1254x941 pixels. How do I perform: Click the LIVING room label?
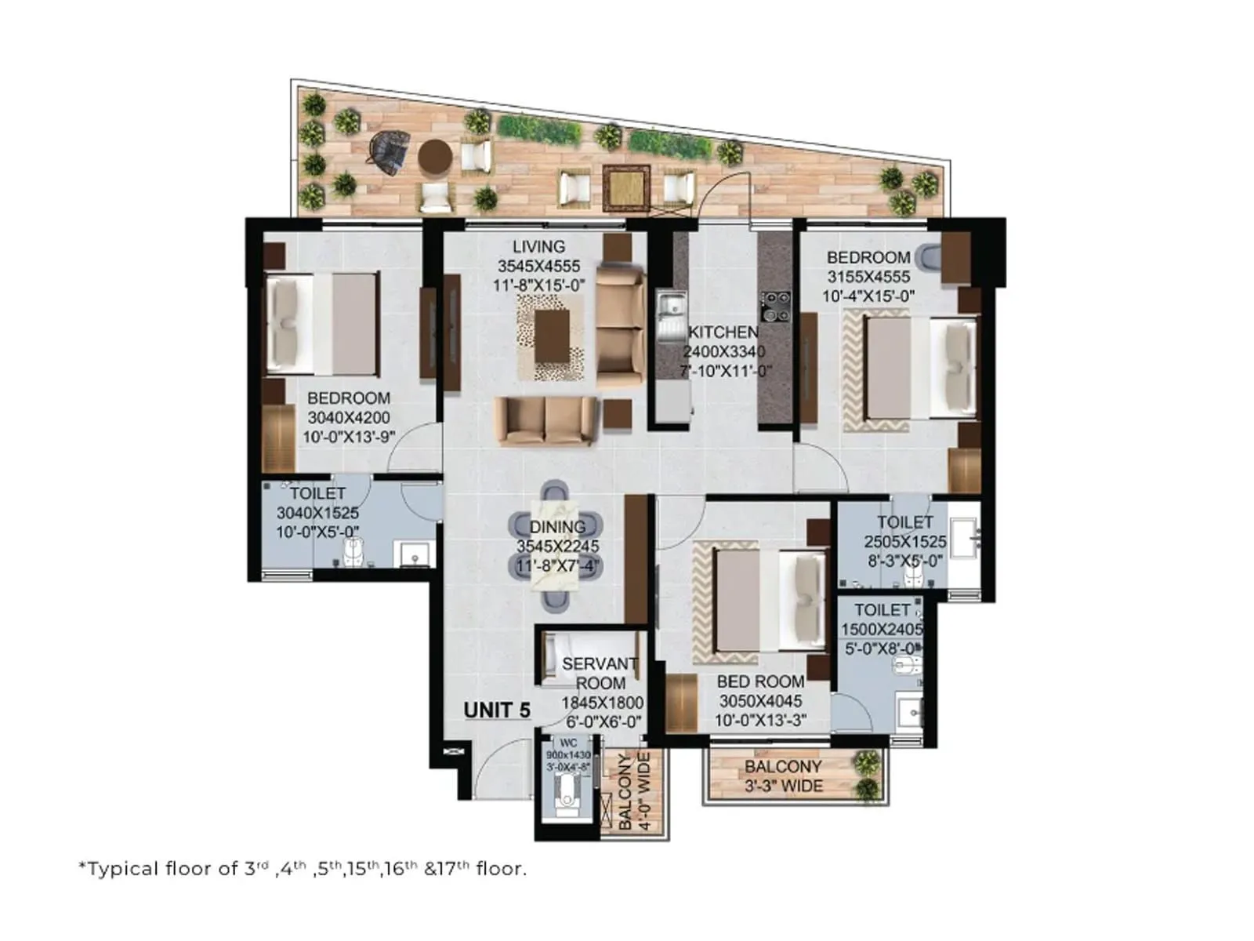538,246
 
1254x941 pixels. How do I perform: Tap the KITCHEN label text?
723,332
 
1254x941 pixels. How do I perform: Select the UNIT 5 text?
497,710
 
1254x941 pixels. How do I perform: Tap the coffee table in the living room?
552,336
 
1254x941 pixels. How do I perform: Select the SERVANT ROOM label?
600,674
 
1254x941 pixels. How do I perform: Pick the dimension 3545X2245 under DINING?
557,547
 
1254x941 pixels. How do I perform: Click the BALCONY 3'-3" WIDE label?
782,776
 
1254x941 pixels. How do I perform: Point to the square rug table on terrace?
625,187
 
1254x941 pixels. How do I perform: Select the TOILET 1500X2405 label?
882,619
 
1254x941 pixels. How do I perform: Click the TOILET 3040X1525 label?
317,513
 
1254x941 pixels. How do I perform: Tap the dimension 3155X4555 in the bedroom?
868,277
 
